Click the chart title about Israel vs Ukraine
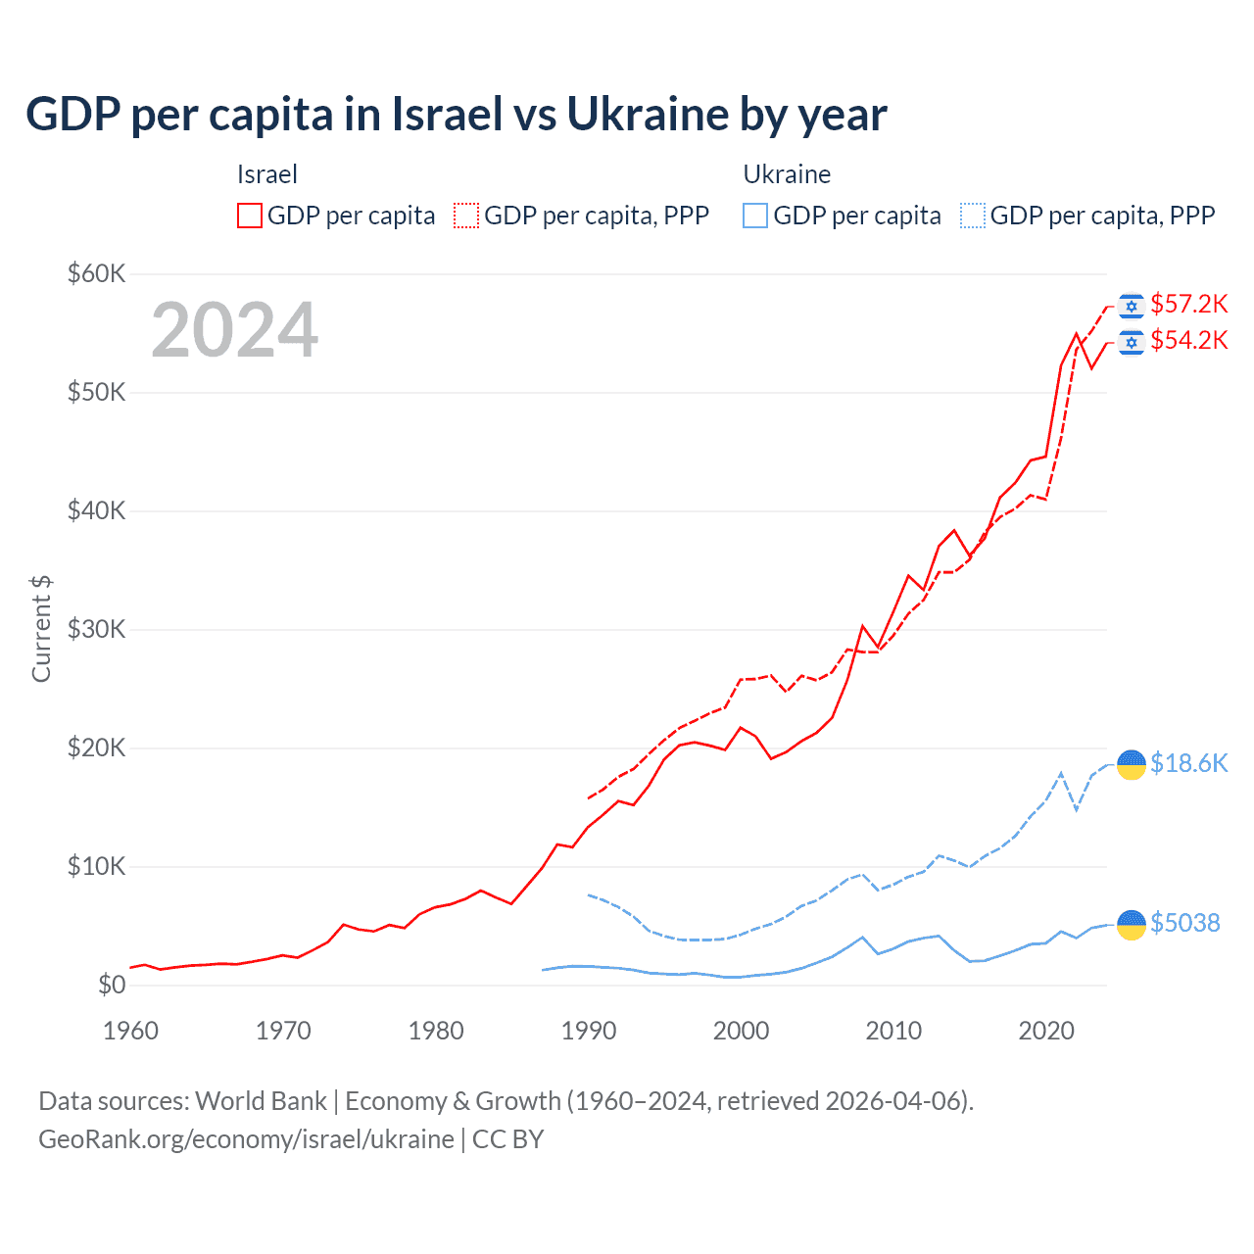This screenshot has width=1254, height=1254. point(457,115)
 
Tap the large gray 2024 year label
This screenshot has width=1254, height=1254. point(235,330)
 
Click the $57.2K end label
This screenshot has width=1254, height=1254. point(1188,304)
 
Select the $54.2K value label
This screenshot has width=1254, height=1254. point(1188,340)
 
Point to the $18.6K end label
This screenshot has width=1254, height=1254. point(1188,763)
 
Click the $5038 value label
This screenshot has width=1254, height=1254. point(1184,923)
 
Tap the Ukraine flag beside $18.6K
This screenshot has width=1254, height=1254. point(1132,764)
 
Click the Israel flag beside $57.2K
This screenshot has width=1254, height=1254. point(1132,307)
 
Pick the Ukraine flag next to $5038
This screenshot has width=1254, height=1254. point(1132,924)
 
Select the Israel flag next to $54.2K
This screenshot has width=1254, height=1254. point(1132,343)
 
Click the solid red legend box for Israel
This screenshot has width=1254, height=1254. point(250,216)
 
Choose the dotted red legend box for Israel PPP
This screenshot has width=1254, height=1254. point(466,216)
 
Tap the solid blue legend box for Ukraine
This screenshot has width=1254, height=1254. point(755,216)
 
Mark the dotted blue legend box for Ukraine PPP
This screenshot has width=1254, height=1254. point(973,216)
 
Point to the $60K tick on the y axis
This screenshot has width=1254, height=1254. point(96,273)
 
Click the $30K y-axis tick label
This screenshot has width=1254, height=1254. point(96,629)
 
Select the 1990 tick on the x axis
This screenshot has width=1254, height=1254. point(589,1031)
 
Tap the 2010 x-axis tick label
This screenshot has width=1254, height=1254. point(893,1031)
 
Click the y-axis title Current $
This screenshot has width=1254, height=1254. point(41,629)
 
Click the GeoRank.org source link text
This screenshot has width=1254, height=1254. point(246,1139)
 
